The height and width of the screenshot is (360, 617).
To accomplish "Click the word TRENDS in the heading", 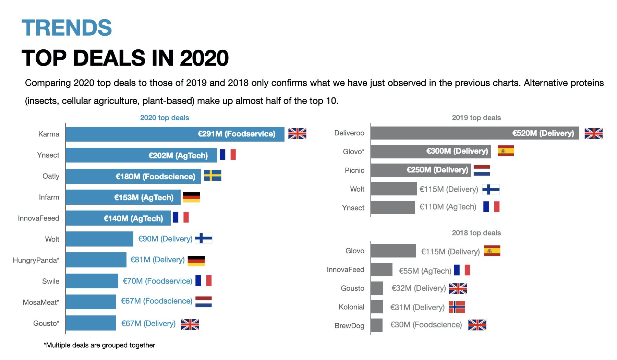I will pos(66,28).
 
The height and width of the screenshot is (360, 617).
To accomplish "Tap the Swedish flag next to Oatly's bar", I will pos(213,176).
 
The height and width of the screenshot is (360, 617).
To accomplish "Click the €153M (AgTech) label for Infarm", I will pos(144,197).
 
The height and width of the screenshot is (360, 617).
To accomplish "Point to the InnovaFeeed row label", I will pos(38,218).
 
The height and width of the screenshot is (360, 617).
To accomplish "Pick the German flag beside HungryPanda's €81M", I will pos(196,261).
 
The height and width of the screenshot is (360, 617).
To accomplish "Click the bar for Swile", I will pos(92,281).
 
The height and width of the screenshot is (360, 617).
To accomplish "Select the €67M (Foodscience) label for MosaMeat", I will pos(157,301).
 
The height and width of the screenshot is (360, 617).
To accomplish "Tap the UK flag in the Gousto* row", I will pos(190,324).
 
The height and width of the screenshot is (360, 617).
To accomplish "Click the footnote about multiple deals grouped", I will pos(99,345).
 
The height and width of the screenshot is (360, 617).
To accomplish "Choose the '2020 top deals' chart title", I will pos(165,118).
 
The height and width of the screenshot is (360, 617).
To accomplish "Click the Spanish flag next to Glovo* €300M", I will pos(506,151).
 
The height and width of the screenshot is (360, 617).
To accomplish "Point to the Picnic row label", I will pos(354,170).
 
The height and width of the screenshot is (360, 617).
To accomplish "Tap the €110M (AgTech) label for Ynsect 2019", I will pos(448,207).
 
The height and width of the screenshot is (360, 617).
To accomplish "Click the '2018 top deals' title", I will pos(476,233).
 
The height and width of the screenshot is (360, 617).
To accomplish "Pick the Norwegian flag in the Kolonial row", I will pos(457,307).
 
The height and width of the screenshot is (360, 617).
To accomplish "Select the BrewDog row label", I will pos(349,325).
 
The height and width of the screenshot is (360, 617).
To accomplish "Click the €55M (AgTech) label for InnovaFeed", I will pos(425,271).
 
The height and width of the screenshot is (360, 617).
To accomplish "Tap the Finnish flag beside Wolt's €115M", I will pos(491,189).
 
